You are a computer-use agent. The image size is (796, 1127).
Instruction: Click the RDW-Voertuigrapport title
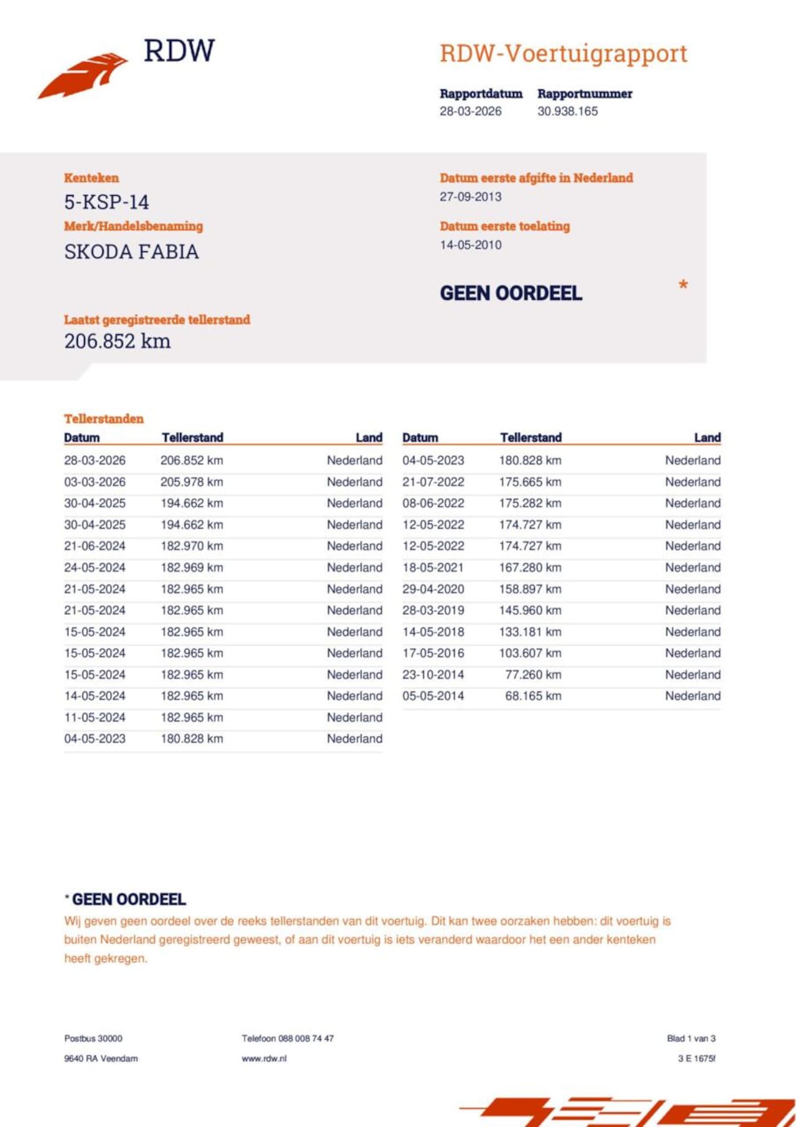pos(563,53)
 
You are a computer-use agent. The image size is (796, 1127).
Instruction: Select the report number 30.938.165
pos(567,111)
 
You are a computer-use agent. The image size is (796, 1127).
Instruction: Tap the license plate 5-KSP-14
pos(106,202)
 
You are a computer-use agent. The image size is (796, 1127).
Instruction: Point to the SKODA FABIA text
pos(131,252)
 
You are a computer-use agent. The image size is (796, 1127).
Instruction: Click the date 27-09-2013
pos(470,197)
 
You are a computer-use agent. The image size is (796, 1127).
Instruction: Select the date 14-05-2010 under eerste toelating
pos(470,245)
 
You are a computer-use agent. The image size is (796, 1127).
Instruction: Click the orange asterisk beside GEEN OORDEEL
pos(683,285)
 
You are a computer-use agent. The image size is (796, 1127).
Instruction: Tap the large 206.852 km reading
pos(117,341)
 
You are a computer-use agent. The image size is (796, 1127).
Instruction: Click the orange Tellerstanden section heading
pos(103,419)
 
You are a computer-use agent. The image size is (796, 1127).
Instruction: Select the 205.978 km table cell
pos(192,482)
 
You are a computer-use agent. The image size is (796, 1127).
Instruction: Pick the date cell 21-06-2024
pos(95,546)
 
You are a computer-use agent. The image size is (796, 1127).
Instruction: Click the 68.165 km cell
pos(532,696)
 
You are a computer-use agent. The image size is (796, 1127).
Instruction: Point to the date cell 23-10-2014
pos(433,675)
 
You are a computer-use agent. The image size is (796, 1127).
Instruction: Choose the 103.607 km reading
pos(530,653)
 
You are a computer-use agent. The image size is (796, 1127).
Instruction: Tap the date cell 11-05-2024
pos(95,717)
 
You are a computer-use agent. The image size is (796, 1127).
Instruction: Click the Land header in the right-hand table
pos(707,437)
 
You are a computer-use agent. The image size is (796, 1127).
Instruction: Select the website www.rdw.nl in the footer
pos(264,1058)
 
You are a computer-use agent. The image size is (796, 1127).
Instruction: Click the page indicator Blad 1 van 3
pos(691,1038)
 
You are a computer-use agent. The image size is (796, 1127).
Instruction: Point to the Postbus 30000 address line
pos(93,1038)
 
